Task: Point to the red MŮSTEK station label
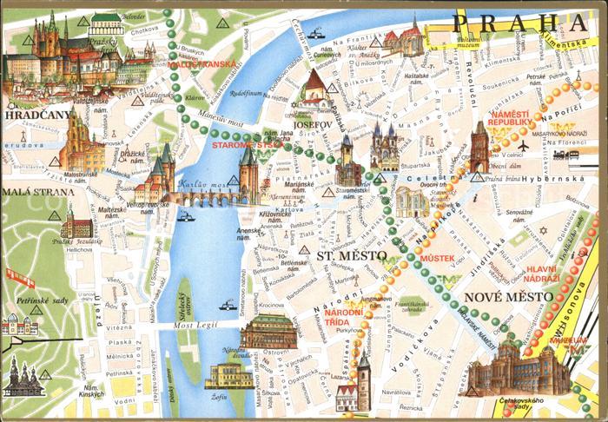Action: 436,259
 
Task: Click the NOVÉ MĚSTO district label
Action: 509,298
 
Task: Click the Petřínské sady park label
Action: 41,300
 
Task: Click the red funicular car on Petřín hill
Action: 19,278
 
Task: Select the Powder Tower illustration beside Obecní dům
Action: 479,145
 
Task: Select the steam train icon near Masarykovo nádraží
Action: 574,153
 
